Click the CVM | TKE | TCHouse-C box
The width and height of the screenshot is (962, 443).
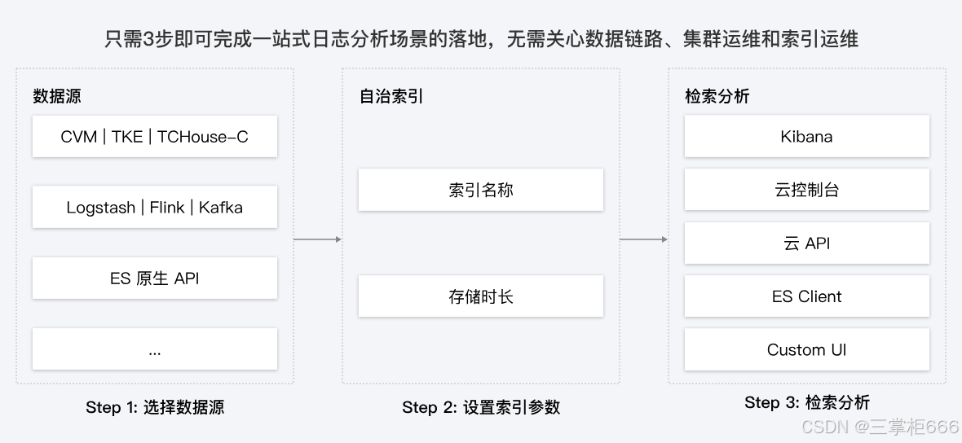[155, 137]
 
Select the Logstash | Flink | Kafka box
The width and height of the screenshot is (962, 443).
[155, 208]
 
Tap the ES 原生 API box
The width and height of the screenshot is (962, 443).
[155, 279]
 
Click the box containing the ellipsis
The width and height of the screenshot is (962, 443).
[155, 349]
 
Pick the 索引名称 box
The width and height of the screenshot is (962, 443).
[481, 191]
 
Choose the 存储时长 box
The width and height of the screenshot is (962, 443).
[481, 296]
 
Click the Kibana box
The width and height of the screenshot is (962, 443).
[806, 137]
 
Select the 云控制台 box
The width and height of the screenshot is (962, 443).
[806, 191]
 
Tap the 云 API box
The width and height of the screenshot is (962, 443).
[806, 243]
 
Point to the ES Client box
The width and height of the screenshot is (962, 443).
[806, 296]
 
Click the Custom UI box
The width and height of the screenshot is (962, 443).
[806, 350]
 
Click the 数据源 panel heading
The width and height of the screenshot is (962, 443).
[57, 96]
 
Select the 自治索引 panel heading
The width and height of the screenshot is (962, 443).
[392, 96]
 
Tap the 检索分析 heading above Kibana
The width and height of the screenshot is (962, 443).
[717, 96]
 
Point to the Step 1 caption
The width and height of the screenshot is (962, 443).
[155, 407]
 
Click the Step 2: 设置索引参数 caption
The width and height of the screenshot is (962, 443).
[481, 407]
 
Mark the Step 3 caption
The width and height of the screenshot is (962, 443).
[806, 402]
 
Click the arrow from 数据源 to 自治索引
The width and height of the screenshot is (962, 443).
[317, 239]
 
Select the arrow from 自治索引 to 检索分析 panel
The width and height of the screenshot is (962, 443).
[643, 239]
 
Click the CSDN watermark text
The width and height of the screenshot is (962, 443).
[880, 428]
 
